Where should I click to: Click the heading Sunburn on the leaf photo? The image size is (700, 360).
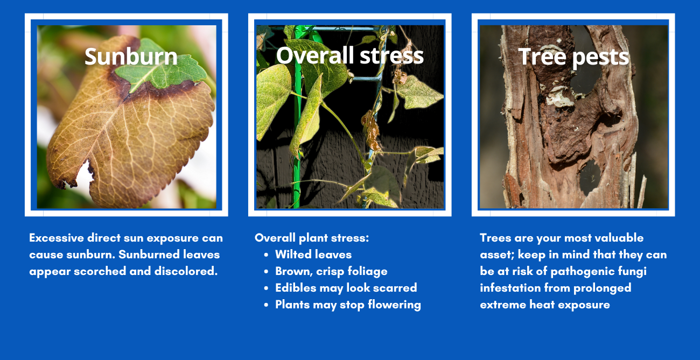tap(131, 57)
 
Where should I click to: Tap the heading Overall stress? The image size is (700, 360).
tap(349, 55)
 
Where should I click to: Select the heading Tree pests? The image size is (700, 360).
tap(573, 57)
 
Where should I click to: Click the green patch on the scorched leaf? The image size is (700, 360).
tap(161, 69)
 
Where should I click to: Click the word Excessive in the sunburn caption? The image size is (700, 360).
tap(57, 238)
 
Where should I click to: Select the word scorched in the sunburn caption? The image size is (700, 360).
tap(100, 271)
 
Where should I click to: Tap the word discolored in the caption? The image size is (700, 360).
tap(186, 271)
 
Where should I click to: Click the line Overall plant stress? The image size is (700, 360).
tap(312, 238)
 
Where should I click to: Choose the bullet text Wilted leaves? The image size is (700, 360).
tap(313, 255)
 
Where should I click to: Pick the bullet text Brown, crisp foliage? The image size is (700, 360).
tap(331, 271)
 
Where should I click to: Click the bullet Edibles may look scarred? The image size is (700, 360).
tap(346, 288)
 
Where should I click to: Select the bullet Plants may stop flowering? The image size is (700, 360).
tap(348, 305)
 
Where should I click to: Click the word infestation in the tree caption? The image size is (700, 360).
tap(510, 288)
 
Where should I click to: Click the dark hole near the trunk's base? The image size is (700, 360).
tap(590, 178)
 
